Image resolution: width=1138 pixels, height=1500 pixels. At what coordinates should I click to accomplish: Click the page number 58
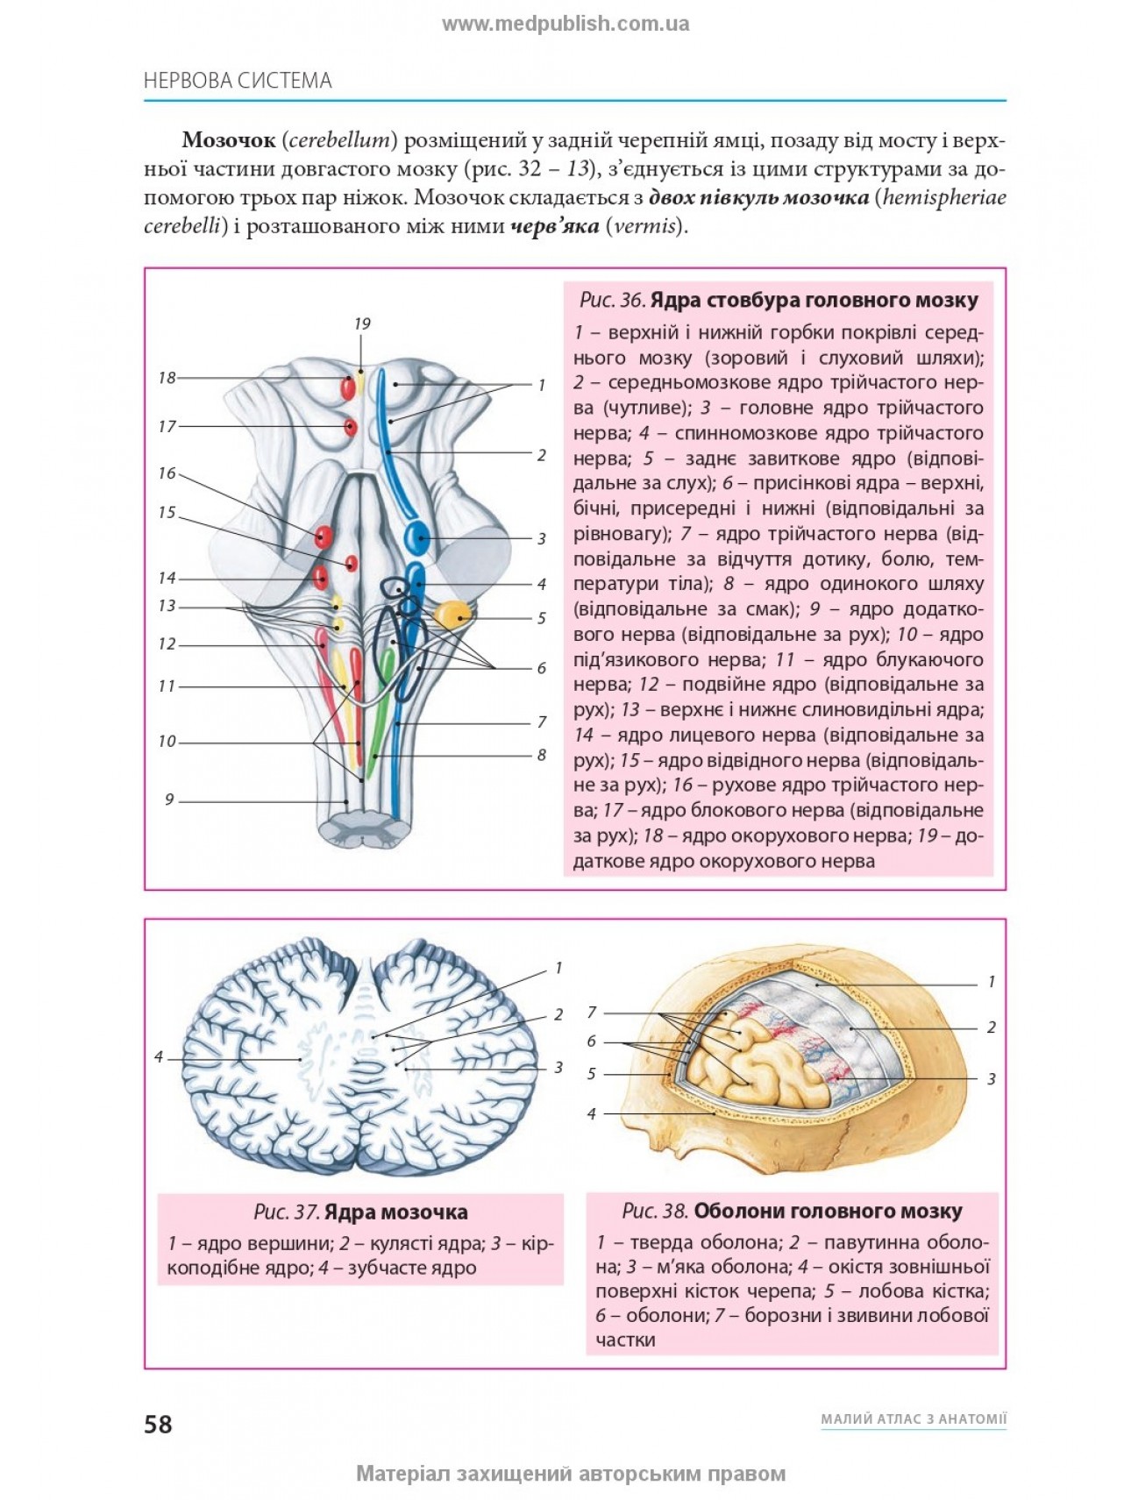tap(159, 1423)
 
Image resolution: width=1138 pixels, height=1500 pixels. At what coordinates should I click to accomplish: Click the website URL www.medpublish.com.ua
tap(565, 25)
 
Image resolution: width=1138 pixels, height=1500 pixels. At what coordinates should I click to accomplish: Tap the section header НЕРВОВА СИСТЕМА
tap(238, 81)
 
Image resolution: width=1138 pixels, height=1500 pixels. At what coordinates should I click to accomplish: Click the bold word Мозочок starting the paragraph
tap(227, 140)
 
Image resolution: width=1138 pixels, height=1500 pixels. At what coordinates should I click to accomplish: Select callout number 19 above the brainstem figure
tap(362, 323)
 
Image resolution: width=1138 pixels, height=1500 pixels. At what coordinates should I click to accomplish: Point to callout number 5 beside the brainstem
tap(541, 618)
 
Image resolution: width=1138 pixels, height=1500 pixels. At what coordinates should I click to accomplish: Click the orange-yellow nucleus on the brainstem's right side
tap(452, 614)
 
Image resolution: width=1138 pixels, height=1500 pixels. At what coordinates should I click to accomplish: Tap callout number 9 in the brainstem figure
tap(169, 800)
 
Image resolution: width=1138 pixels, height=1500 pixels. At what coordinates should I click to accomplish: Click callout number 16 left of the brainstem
tap(167, 473)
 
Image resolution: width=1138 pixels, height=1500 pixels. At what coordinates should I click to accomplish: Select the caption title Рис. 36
tap(612, 301)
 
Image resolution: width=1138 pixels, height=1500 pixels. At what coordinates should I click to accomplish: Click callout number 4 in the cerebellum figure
tap(159, 1057)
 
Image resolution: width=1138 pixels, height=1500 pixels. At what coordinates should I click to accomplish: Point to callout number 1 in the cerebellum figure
tap(558, 968)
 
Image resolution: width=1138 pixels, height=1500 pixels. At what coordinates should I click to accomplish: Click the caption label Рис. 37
tap(286, 1212)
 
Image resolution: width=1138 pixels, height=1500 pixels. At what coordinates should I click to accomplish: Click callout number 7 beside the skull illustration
tap(592, 1013)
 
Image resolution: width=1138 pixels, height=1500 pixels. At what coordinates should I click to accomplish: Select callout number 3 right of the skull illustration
tap(991, 1078)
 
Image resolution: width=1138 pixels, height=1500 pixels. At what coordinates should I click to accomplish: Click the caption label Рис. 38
tap(654, 1212)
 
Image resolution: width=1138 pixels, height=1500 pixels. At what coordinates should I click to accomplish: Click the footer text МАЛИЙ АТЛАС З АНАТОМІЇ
tap(913, 1418)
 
